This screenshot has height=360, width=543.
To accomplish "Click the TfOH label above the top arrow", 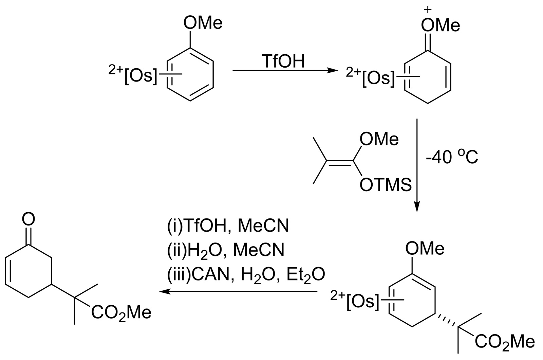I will (x=283, y=61).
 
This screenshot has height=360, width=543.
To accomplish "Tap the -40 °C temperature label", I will (x=452, y=158).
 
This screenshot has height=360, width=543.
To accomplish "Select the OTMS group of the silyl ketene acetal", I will (x=385, y=185).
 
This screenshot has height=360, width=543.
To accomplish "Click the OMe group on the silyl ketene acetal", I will (x=379, y=139).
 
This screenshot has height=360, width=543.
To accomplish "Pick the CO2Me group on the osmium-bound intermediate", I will (x=505, y=341).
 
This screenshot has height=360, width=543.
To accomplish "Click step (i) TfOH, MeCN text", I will (x=228, y=226).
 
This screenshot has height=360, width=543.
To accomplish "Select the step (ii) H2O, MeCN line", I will (x=226, y=250).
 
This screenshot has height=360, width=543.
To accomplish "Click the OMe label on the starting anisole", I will (x=203, y=23).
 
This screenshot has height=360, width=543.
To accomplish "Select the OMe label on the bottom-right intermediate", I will (x=425, y=249).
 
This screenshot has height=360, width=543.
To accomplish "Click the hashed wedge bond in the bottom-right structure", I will (x=446, y=319).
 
